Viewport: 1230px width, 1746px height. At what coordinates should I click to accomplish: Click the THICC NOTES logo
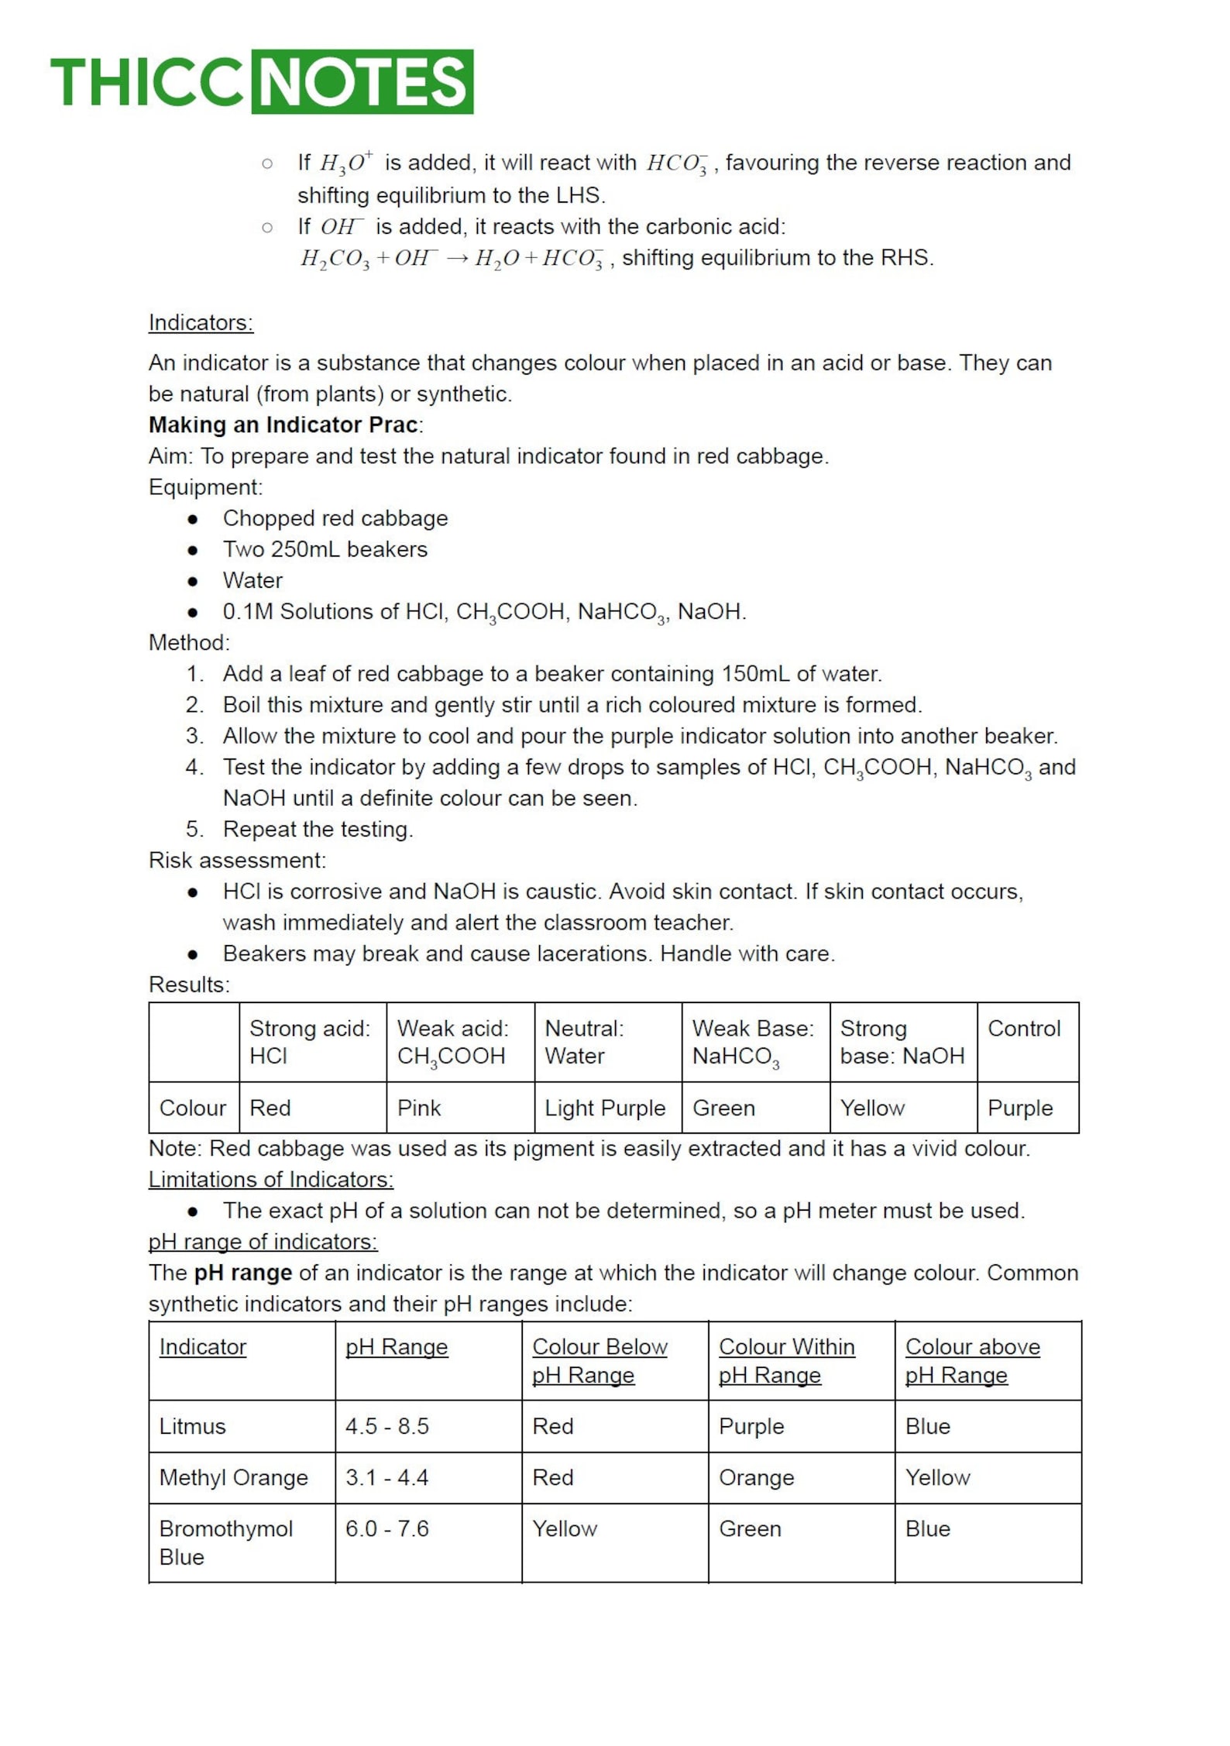click(262, 82)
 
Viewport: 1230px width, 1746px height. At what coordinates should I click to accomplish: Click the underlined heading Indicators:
click(201, 322)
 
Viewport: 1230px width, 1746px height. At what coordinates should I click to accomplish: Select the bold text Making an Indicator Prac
click(283, 424)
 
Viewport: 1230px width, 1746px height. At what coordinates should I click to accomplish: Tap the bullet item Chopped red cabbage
click(335, 518)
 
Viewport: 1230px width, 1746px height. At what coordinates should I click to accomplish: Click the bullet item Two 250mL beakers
click(325, 549)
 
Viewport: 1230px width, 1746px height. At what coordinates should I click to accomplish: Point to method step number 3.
click(194, 736)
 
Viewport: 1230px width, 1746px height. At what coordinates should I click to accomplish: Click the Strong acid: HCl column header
click(310, 1042)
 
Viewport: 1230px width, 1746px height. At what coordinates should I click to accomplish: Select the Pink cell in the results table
click(419, 1108)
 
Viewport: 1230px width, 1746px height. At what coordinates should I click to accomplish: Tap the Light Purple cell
click(605, 1108)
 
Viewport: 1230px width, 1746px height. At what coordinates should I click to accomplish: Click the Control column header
click(1023, 1029)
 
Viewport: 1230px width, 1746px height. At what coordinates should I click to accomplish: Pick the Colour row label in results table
click(192, 1108)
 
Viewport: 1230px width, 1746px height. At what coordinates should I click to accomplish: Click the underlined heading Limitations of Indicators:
click(270, 1179)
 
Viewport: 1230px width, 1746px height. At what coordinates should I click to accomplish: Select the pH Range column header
click(397, 1346)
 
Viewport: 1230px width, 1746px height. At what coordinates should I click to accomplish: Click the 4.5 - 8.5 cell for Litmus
click(387, 1426)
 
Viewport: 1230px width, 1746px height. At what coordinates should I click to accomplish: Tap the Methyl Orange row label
click(233, 1477)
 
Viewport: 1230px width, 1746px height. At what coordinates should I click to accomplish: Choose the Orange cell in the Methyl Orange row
click(756, 1477)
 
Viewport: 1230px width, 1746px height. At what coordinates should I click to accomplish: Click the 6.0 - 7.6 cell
click(387, 1528)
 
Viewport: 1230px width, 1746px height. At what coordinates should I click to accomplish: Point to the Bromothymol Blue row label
click(225, 1542)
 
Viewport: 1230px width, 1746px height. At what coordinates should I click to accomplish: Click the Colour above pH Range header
click(972, 1360)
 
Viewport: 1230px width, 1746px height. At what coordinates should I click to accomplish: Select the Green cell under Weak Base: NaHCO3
click(723, 1108)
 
